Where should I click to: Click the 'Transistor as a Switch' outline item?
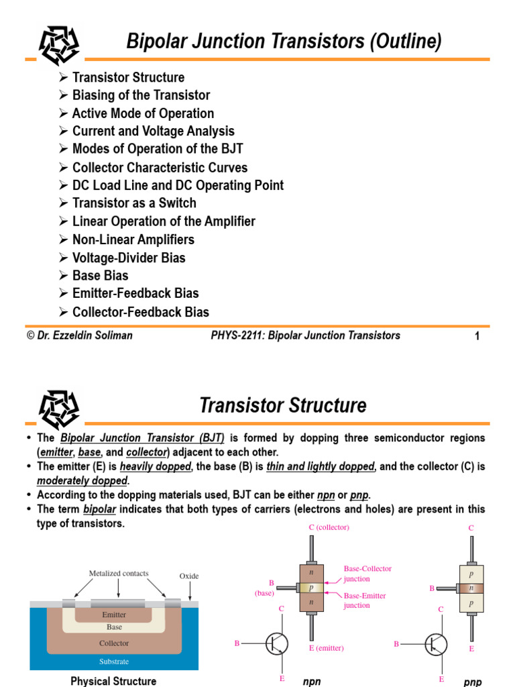coord(134,203)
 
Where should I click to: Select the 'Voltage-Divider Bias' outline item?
coord(129,258)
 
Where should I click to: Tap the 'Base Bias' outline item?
coord(100,276)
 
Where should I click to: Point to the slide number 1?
coord(477,337)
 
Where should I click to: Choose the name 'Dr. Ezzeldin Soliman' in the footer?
coord(79,335)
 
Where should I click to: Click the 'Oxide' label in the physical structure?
coord(189,576)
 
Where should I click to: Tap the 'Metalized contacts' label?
coord(119,574)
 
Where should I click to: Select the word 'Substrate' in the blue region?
coord(114,662)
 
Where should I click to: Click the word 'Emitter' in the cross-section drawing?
coord(114,615)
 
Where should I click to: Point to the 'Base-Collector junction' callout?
coord(367,574)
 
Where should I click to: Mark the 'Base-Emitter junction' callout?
coord(365,600)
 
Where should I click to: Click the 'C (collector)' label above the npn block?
coord(329,527)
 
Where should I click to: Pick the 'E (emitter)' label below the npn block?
coord(327,648)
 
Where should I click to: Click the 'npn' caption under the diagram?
coord(312,682)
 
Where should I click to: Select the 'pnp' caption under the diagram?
coord(472,682)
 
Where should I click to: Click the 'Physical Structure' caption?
coord(113,681)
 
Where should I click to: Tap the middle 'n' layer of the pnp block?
coord(471,588)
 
